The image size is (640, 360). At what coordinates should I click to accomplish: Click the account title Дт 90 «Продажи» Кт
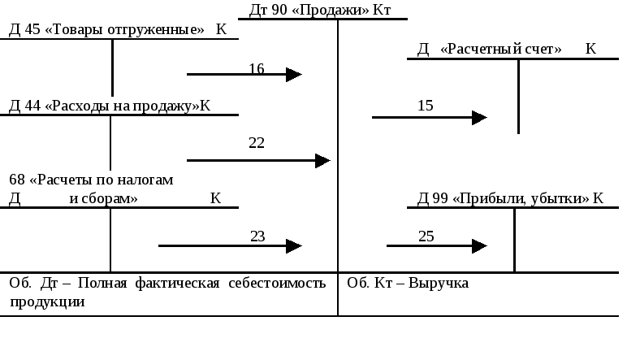click(x=320, y=10)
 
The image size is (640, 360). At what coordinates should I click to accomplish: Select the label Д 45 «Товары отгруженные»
click(x=106, y=30)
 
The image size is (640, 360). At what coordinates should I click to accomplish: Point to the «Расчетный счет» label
click(x=500, y=50)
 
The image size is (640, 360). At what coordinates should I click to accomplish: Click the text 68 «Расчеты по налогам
click(x=91, y=180)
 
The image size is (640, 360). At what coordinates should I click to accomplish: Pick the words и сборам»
click(x=103, y=198)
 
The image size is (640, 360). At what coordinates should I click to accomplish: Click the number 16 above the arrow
click(x=257, y=69)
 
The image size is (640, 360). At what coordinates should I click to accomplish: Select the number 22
click(x=257, y=143)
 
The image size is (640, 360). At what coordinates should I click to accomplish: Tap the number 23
click(x=257, y=236)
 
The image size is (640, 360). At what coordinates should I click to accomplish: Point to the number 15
click(x=426, y=105)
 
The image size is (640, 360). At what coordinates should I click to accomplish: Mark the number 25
click(x=426, y=236)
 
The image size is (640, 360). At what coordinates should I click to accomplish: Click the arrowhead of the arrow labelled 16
click(x=295, y=75)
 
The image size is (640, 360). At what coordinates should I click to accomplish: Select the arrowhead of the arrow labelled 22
click(x=322, y=161)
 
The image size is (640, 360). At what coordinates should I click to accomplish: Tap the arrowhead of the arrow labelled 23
click(x=295, y=245)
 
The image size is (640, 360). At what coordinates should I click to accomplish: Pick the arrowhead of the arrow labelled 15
click(x=479, y=118)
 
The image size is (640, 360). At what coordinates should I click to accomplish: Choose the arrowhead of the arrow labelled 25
click(x=479, y=245)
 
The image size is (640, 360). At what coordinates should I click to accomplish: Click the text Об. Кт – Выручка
click(x=408, y=284)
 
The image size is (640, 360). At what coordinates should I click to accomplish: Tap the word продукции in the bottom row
click(x=47, y=301)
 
